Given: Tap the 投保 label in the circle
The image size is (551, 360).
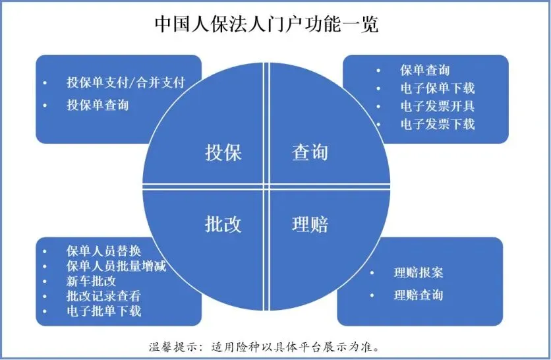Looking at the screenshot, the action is (x=223, y=153).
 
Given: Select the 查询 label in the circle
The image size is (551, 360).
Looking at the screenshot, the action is (x=310, y=153).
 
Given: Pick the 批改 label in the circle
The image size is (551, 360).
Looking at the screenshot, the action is (x=223, y=224).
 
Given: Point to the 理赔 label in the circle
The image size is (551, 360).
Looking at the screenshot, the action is (x=310, y=224).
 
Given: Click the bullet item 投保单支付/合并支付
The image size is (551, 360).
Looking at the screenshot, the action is (x=125, y=83).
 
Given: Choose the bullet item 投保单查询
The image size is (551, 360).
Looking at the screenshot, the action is (x=98, y=105).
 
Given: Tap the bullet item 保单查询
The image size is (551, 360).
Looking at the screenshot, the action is (x=424, y=70).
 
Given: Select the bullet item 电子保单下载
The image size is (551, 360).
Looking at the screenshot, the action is (x=437, y=88).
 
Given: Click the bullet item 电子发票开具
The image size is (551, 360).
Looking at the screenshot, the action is (x=437, y=105).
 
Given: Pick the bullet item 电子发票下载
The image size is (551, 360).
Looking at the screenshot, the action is (x=437, y=123).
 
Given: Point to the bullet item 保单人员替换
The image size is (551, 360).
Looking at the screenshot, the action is (x=103, y=251).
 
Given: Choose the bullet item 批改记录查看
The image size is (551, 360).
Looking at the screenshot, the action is (x=103, y=296).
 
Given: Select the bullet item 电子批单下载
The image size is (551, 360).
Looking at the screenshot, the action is (x=103, y=311).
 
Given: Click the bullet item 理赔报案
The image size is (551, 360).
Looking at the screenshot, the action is (x=418, y=272).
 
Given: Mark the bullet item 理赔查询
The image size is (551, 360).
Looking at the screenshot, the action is (x=418, y=294).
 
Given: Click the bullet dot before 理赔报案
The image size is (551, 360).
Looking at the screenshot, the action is (x=373, y=273).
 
